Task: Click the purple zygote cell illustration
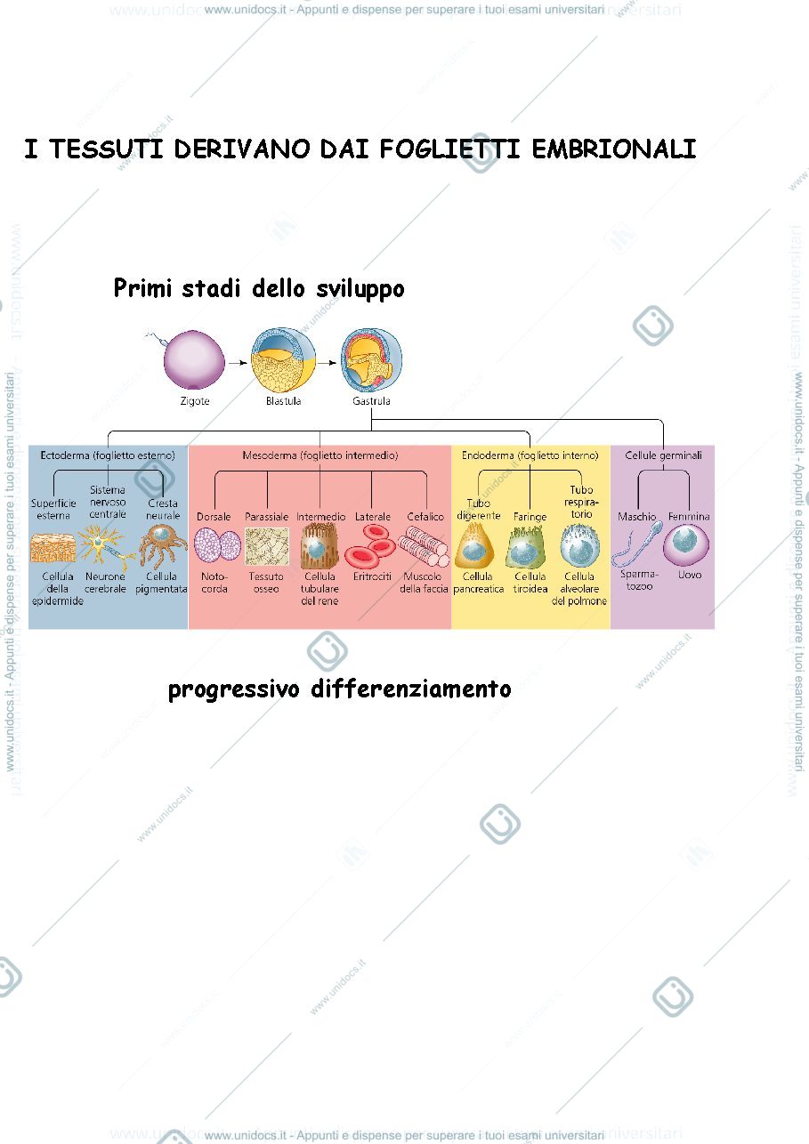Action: point(194,360)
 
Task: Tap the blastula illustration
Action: point(283,360)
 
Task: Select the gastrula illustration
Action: point(371,360)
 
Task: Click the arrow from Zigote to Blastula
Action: point(238,363)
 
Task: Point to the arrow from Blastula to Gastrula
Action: point(328,363)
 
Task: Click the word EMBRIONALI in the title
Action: point(614,149)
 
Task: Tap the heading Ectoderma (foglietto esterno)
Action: point(108,455)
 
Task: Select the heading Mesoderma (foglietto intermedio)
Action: point(320,455)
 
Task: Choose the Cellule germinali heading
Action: point(663,455)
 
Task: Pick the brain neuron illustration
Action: point(106,547)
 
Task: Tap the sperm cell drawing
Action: point(637,544)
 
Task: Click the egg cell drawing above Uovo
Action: point(686,545)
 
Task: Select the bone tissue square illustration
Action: point(267,547)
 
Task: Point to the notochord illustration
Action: point(217,545)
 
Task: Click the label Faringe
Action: point(530,517)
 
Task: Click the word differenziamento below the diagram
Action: point(411,689)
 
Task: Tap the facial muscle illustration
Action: point(424,546)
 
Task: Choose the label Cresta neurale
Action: point(163,509)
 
